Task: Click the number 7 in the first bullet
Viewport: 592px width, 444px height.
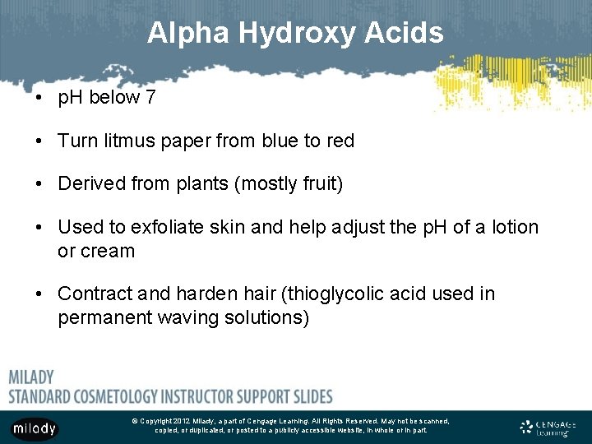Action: tap(150, 98)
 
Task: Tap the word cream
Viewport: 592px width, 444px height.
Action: tap(107, 251)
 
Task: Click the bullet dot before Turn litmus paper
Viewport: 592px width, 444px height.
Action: tap(39, 141)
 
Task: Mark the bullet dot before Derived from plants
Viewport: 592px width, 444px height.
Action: tap(39, 184)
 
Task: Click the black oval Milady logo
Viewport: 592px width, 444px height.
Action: tap(35, 428)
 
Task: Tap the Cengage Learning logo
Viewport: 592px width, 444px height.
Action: tap(548, 428)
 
